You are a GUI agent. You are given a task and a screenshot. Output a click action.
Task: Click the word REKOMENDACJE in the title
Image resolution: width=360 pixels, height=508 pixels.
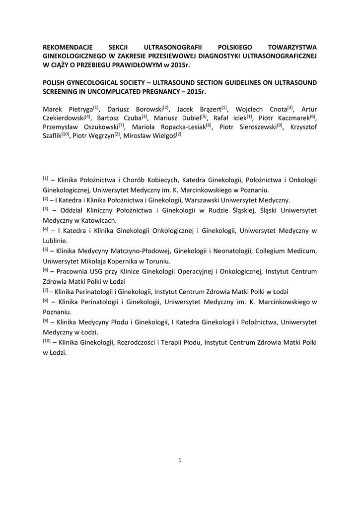click(x=66, y=46)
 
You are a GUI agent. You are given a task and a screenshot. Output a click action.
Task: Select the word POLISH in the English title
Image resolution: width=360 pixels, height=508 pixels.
click(x=54, y=82)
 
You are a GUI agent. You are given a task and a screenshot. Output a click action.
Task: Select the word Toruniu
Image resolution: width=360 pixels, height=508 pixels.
click(x=157, y=260)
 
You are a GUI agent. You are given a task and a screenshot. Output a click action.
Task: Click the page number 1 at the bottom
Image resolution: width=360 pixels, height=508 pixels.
click(x=180, y=460)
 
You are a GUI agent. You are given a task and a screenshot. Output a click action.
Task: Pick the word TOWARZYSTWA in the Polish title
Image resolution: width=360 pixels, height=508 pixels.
click(x=293, y=46)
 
